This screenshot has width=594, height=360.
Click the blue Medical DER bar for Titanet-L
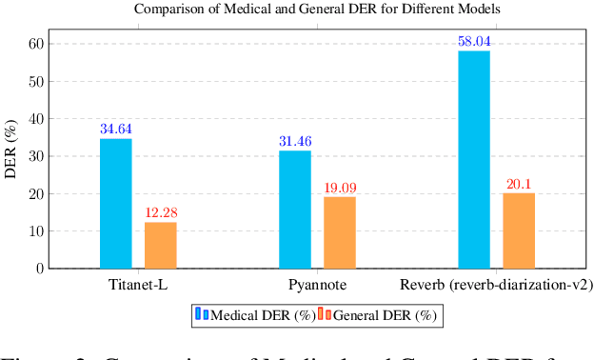[116, 204]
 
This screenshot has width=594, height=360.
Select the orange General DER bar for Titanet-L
[161, 245]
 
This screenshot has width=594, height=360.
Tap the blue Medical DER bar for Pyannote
[295, 210]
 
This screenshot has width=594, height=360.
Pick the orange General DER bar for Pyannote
[340, 232]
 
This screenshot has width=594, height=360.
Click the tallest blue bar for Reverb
[474, 160]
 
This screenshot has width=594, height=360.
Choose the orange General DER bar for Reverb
[519, 230]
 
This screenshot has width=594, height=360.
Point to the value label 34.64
[116, 130]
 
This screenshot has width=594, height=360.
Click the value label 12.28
[161, 212]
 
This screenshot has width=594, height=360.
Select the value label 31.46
[295, 142]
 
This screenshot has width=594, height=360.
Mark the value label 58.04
[474, 42]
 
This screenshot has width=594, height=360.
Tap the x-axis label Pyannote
[317, 286]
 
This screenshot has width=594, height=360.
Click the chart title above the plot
[317, 10]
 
